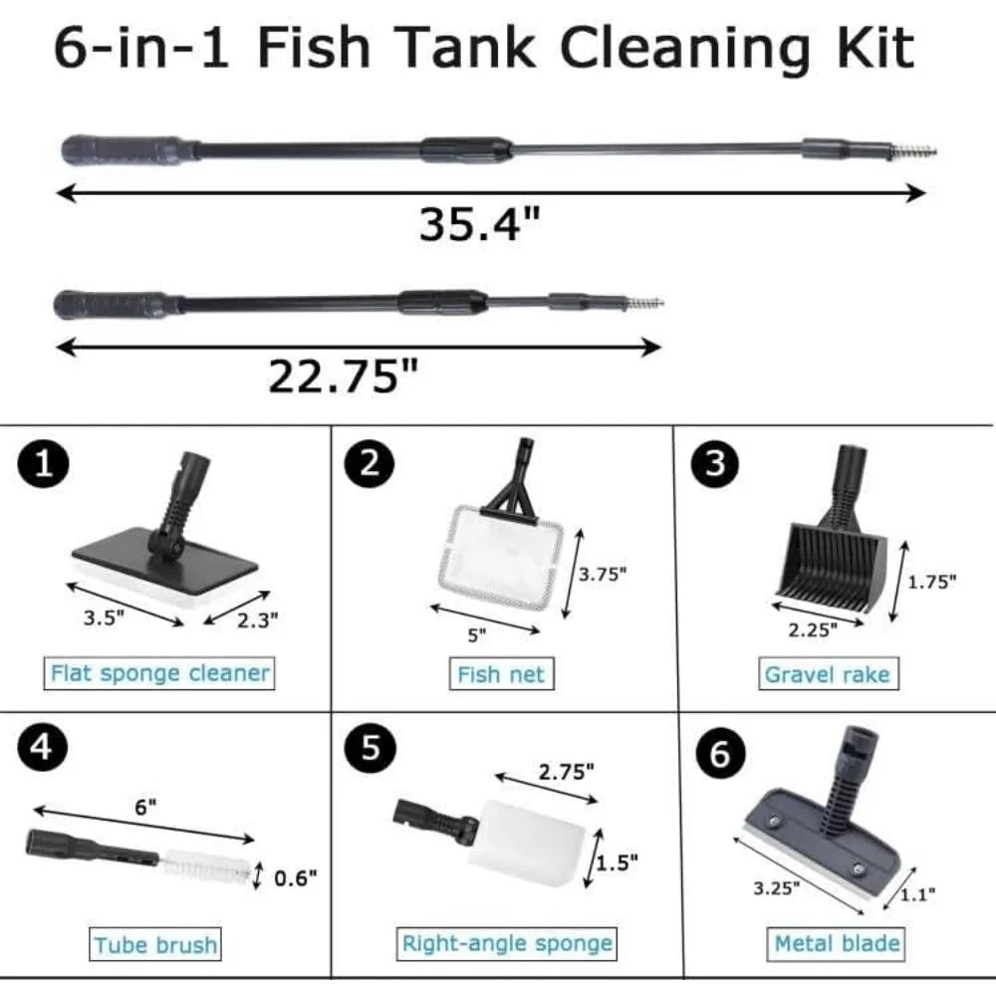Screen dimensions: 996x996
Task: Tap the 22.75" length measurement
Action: pyautogui.click(x=344, y=376)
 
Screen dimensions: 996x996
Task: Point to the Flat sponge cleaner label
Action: pyautogui.click(x=160, y=673)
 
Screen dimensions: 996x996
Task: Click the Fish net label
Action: pyautogui.click(x=501, y=674)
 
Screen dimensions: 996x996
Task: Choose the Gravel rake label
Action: pyautogui.click(x=828, y=674)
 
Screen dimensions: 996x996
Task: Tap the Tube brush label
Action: pyautogui.click(x=155, y=944)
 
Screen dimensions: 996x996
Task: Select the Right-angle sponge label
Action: pyautogui.click(x=507, y=943)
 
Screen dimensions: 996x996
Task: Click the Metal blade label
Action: pyautogui.click(x=837, y=943)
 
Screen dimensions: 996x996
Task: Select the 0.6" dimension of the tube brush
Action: pyautogui.click(x=295, y=877)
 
